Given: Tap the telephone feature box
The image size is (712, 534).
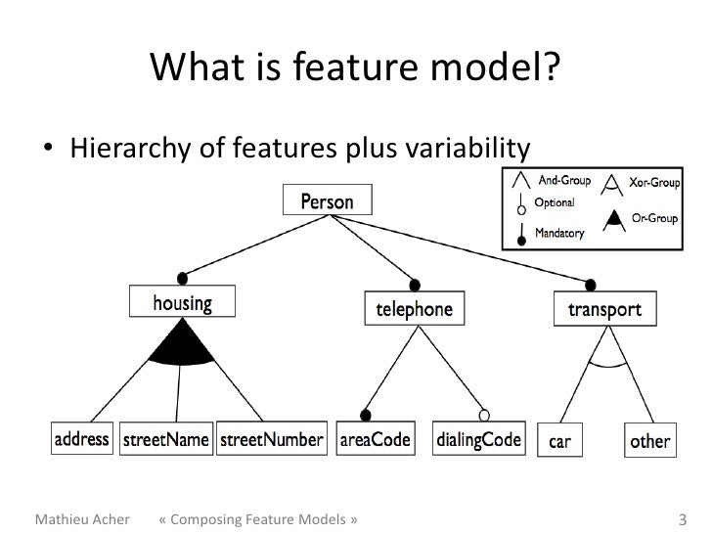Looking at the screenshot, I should (x=408, y=310).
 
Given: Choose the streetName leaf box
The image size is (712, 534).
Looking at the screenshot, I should (x=165, y=439).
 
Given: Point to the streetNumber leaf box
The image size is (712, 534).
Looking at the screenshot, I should (x=270, y=439).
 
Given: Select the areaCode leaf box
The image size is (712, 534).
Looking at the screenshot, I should (x=375, y=439).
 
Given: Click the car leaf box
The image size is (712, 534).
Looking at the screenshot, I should (x=560, y=440).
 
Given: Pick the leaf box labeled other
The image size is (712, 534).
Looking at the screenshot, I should (x=649, y=440).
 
